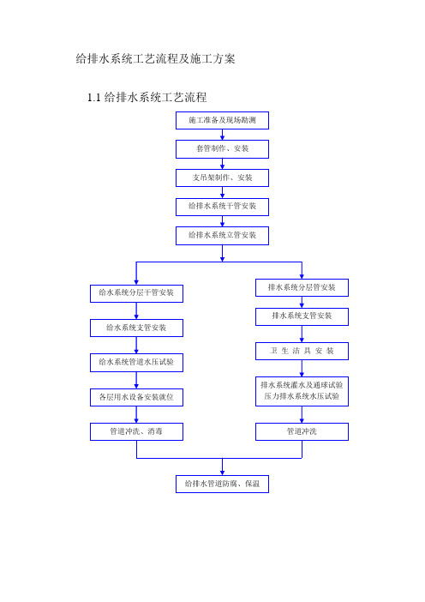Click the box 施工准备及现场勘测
[x=222, y=120]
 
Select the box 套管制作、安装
[x=222, y=149]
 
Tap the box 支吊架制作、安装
[x=222, y=178]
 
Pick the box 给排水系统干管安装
[x=222, y=207]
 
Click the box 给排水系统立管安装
[x=222, y=235]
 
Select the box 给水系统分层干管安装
[x=136, y=293]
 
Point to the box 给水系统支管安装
[x=136, y=328]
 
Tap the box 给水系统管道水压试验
[x=136, y=363]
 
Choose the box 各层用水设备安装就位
[x=136, y=397]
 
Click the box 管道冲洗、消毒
[x=136, y=431]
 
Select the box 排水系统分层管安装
[x=302, y=287]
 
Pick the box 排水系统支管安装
[x=302, y=316]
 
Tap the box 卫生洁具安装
[x=302, y=351]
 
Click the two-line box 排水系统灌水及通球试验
[x=302, y=391]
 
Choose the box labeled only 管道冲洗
[x=302, y=431]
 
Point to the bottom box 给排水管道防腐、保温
[x=222, y=484]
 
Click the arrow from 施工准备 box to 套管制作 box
[x=222, y=135]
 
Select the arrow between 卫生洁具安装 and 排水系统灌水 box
[x=302, y=369]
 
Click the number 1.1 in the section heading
[x=94, y=98]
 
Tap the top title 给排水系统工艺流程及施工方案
[x=155, y=58]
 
